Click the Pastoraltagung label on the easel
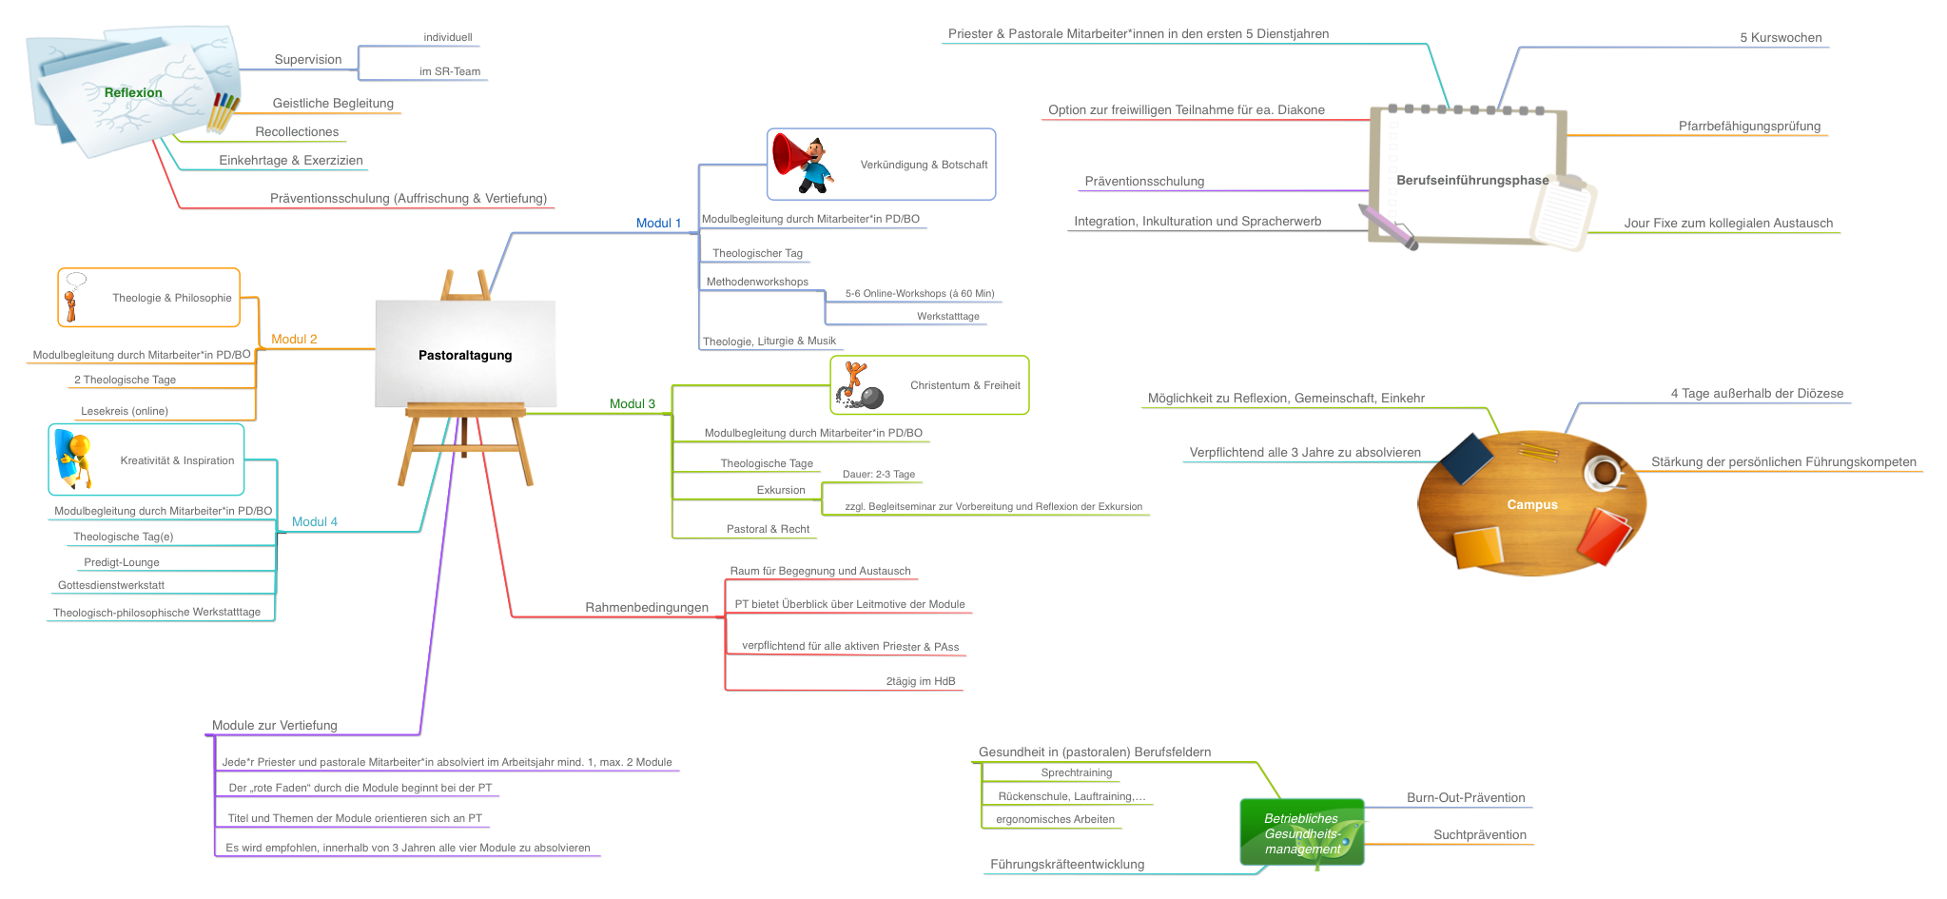point(465,355)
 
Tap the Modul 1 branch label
point(658,223)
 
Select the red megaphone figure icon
point(803,164)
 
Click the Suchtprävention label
point(1479,834)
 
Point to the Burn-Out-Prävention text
point(1466,797)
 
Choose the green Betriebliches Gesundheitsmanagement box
point(1301,832)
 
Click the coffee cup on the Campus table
point(1605,471)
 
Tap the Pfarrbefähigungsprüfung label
point(1749,126)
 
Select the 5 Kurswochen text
point(1781,38)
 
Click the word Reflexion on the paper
point(133,92)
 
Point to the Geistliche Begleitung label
point(333,103)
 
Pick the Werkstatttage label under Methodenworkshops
point(947,316)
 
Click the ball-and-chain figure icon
point(860,385)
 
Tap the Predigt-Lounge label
point(122,562)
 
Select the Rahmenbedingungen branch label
point(647,607)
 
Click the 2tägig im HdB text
point(920,681)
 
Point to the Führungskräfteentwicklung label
point(1067,864)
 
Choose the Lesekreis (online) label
point(125,411)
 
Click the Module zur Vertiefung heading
point(275,725)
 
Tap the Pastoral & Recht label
point(768,529)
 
